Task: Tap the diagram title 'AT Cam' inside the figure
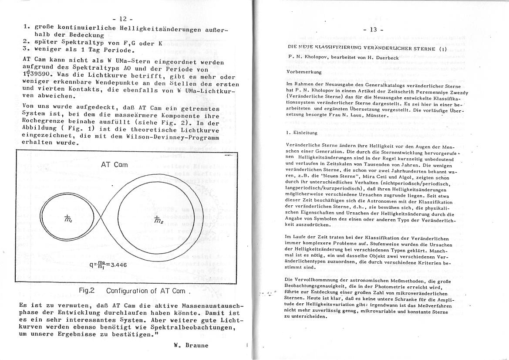tap(115, 165)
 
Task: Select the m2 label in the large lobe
tap(158, 219)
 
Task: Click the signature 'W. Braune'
tap(191, 345)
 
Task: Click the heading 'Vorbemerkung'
tap(304, 71)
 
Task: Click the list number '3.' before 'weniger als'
tap(26, 49)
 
